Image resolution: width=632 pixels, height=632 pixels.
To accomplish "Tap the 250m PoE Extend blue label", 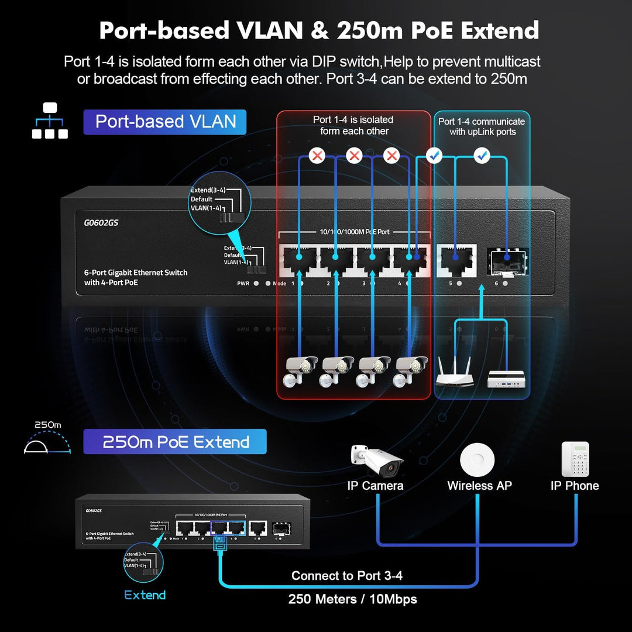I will (175, 442).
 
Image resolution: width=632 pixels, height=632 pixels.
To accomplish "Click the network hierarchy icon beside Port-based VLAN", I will (50, 121).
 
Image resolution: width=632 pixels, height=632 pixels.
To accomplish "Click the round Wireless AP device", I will (478, 459).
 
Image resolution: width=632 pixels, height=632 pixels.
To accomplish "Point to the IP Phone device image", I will (575, 459).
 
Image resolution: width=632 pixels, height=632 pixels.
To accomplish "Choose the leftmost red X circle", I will (317, 156).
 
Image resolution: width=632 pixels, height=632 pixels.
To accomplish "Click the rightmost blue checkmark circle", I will (481, 156).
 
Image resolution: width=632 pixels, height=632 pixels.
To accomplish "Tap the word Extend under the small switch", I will (145, 595).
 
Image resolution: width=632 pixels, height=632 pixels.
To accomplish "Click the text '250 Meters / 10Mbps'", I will (352, 599).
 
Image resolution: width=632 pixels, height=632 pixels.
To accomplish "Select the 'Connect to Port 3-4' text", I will (346, 576).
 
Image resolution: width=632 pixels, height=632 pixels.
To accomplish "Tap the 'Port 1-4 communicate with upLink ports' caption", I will (482, 126).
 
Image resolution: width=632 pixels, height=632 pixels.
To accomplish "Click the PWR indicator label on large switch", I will (243, 283).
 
